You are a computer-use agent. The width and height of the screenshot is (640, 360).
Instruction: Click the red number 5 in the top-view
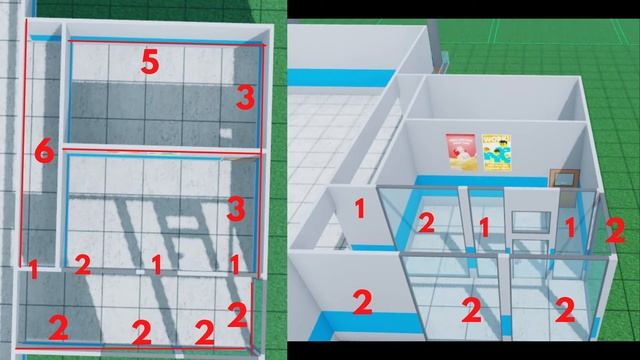pos(149,63)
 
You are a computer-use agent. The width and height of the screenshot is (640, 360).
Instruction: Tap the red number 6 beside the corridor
pos(42,153)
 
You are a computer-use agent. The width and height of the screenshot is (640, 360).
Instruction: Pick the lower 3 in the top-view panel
pos(235,209)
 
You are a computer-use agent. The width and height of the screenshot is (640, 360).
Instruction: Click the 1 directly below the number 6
pos(33,267)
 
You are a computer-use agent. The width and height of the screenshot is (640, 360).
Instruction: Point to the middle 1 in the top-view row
pos(156,264)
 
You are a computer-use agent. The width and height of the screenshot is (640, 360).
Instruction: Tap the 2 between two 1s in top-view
pos(83,265)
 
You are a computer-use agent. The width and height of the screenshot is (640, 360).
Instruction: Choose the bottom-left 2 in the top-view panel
pos(59,327)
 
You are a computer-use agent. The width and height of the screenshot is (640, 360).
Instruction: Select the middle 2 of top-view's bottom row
pos(142,331)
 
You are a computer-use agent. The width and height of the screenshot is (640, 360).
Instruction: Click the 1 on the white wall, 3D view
pos(360,210)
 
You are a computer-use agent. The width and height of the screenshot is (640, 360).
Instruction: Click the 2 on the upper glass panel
pos(426,223)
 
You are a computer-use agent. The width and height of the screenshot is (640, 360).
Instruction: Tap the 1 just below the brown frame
pos(571,227)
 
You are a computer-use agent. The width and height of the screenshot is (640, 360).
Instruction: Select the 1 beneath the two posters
pos(483,229)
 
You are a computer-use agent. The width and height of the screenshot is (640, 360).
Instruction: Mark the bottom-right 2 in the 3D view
pos(564,310)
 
